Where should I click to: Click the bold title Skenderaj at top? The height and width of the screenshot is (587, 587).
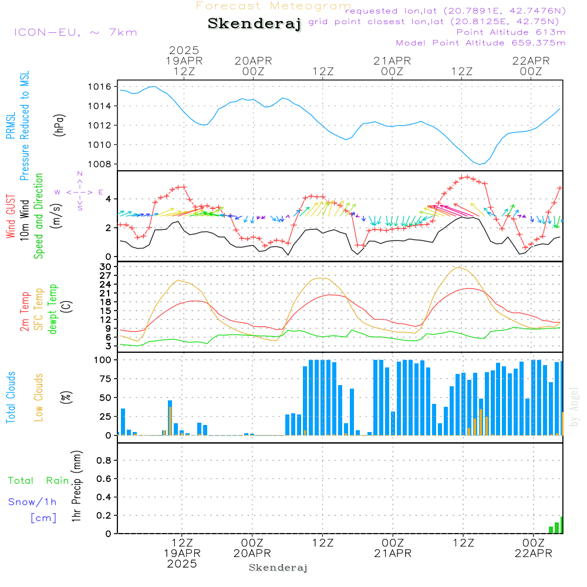(254, 23)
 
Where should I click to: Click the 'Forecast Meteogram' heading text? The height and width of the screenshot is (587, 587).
(274, 6)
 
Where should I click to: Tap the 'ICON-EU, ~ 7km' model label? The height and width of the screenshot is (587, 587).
(75, 32)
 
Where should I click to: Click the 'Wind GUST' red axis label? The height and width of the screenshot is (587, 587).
(11, 217)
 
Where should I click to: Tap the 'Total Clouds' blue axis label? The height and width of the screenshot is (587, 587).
(11, 397)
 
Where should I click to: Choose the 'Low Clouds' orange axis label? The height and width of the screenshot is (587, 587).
(39, 397)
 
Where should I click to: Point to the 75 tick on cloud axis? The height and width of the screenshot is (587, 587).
(104, 379)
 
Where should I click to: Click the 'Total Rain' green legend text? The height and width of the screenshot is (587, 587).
(39, 481)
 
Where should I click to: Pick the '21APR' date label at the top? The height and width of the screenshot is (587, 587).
(392, 60)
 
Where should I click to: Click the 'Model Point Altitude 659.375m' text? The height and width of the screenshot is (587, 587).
(481, 43)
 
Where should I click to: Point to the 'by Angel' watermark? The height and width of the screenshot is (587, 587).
(575, 406)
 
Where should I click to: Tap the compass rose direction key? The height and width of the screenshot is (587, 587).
(80, 191)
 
